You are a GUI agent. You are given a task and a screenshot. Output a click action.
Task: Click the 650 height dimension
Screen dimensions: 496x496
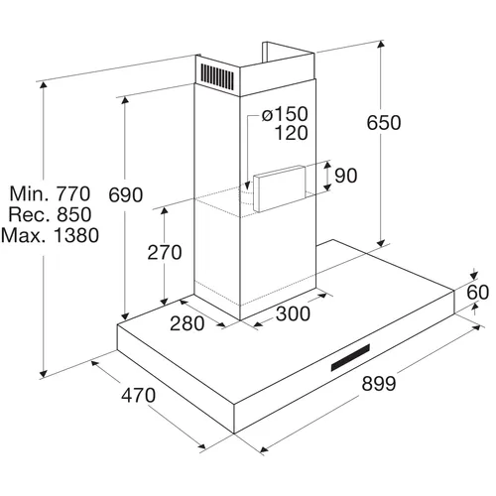click(x=384, y=123)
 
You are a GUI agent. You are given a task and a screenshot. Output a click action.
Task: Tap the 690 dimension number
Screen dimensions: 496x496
click(x=126, y=194)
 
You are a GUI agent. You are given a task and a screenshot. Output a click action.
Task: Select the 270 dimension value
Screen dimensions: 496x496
click(x=165, y=252)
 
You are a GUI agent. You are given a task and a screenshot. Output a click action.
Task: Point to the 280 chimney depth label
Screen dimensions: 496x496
click(x=186, y=323)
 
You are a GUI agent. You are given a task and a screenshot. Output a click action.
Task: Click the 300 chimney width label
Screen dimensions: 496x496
click(x=293, y=313)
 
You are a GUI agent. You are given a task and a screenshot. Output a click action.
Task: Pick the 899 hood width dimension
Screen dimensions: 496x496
click(x=379, y=384)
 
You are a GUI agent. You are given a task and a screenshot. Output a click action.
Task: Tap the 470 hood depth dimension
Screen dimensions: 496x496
click(x=138, y=395)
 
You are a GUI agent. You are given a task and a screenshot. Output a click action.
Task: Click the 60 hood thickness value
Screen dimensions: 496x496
click(x=477, y=293)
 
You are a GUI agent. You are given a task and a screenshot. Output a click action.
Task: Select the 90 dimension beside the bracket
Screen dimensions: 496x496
click(x=346, y=176)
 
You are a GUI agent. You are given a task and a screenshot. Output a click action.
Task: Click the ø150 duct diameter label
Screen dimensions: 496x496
click(x=285, y=114)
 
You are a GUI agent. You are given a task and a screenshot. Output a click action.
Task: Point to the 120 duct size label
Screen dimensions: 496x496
click(x=292, y=133)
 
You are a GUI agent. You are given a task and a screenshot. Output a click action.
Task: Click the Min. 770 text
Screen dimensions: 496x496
click(x=50, y=193)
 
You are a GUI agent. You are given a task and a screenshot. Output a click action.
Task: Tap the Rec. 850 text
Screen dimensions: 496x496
click(x=50, y=214)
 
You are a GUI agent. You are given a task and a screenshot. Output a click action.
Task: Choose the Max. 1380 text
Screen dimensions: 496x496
click(x=50, y=235)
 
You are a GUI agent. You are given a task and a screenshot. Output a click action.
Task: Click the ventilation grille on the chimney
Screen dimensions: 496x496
click(x=217, y=76)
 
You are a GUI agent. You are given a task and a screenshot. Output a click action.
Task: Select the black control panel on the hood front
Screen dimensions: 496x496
click(x=350, y=357)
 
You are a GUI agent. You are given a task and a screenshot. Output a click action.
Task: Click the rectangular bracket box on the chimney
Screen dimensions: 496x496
click(x=280, y=188)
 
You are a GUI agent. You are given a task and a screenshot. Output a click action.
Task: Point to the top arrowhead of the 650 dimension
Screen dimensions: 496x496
click(x=381, y=45)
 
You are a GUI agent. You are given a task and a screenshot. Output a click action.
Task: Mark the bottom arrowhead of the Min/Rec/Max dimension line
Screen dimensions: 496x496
click(x=43, y=373)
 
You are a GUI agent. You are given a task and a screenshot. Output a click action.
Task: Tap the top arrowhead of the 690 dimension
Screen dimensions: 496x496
click(x=125, y=100)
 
